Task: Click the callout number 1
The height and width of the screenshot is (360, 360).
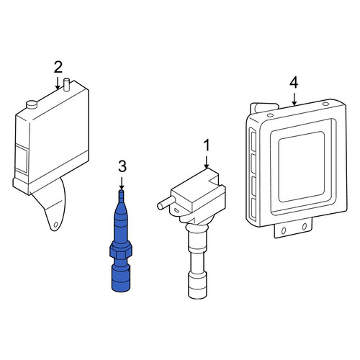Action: (x=207, y=145)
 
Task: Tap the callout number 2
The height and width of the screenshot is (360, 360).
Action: (x=58, y=67)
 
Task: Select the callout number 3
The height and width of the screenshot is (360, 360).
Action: (x=122, y=166)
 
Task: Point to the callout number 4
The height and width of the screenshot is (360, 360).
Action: (x=294, y=83)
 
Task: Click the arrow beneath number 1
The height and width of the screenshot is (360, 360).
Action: (x=207, y=162)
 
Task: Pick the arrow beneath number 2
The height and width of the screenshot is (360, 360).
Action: (x=58, y=83)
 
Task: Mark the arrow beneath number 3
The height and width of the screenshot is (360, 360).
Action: (x=122, y=184)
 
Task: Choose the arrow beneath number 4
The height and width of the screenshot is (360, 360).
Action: (x=294, y=99)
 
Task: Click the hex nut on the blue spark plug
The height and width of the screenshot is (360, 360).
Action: (x=121, y=251)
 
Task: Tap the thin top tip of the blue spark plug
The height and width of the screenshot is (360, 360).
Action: (x=122, y=196)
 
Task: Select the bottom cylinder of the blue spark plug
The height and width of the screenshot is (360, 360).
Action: (x=121, y=278)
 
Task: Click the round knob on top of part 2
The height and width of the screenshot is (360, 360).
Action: (x=32, y=104)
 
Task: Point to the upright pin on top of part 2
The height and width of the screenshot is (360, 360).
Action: (x=66, y=84)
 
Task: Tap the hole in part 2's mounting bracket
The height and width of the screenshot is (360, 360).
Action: (x=56, y=225)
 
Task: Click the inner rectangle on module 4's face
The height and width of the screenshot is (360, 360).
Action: (x=302, y=167)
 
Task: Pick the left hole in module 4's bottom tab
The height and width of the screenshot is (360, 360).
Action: (x=284, y=230)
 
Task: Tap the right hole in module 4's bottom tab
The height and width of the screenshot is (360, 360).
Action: (x=305, y=227)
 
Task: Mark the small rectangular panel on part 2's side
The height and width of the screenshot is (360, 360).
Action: (x=22, y=158)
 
